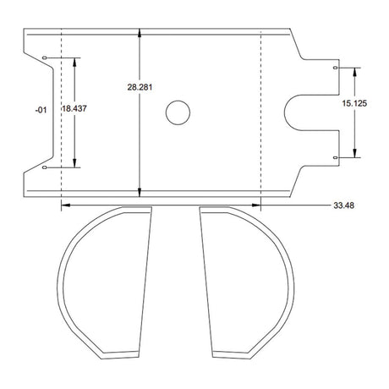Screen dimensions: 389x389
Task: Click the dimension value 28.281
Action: tap(140, 87)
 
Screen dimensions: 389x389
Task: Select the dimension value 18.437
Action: tap(74, 108)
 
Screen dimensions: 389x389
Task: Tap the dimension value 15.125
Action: tap(354, 103)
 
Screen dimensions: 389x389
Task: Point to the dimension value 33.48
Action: tap(343, 205)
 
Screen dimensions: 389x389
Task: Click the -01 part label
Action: tap(41, 110)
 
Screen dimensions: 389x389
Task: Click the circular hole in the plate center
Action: tap(178, 112)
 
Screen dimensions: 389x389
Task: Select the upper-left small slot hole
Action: tap(44, 58)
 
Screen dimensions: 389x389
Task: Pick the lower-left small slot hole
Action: tap(44, 167)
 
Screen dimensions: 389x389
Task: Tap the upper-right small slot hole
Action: tap(335, 68)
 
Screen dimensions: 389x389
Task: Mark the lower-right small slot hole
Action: tap(335, 157)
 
